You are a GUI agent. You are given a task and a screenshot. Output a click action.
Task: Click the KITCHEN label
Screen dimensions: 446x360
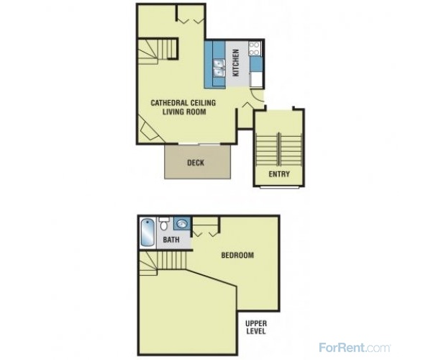(236, 63)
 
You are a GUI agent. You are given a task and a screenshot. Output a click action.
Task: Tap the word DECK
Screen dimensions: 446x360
(196, 163)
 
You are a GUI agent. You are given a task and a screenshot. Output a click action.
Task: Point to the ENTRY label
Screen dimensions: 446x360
(279, 174)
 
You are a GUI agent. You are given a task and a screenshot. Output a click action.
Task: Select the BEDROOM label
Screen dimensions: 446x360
(237, 255)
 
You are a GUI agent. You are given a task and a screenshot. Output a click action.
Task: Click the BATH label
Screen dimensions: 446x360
(171, 240)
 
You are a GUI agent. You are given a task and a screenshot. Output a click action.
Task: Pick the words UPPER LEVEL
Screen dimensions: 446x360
(256, 328)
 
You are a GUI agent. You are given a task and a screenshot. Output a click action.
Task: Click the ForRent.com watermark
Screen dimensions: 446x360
(355, 348)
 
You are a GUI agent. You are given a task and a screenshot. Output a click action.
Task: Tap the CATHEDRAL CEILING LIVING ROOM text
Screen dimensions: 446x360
(183, 107)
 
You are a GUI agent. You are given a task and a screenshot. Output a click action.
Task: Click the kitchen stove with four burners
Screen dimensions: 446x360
(255, 49)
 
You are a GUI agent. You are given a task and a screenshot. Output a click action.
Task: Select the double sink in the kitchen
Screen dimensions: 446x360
(219, 68)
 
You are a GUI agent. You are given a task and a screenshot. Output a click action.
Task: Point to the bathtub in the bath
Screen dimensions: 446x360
(147, 233)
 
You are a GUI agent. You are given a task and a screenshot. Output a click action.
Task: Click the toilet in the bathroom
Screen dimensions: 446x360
(164, 224)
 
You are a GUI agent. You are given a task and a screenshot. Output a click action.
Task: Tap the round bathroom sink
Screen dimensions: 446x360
(182, 222)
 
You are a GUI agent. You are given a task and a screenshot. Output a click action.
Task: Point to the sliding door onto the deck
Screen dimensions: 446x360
(199, 144)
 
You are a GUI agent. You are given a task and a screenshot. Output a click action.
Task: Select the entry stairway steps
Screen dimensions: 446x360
(279, 150)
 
